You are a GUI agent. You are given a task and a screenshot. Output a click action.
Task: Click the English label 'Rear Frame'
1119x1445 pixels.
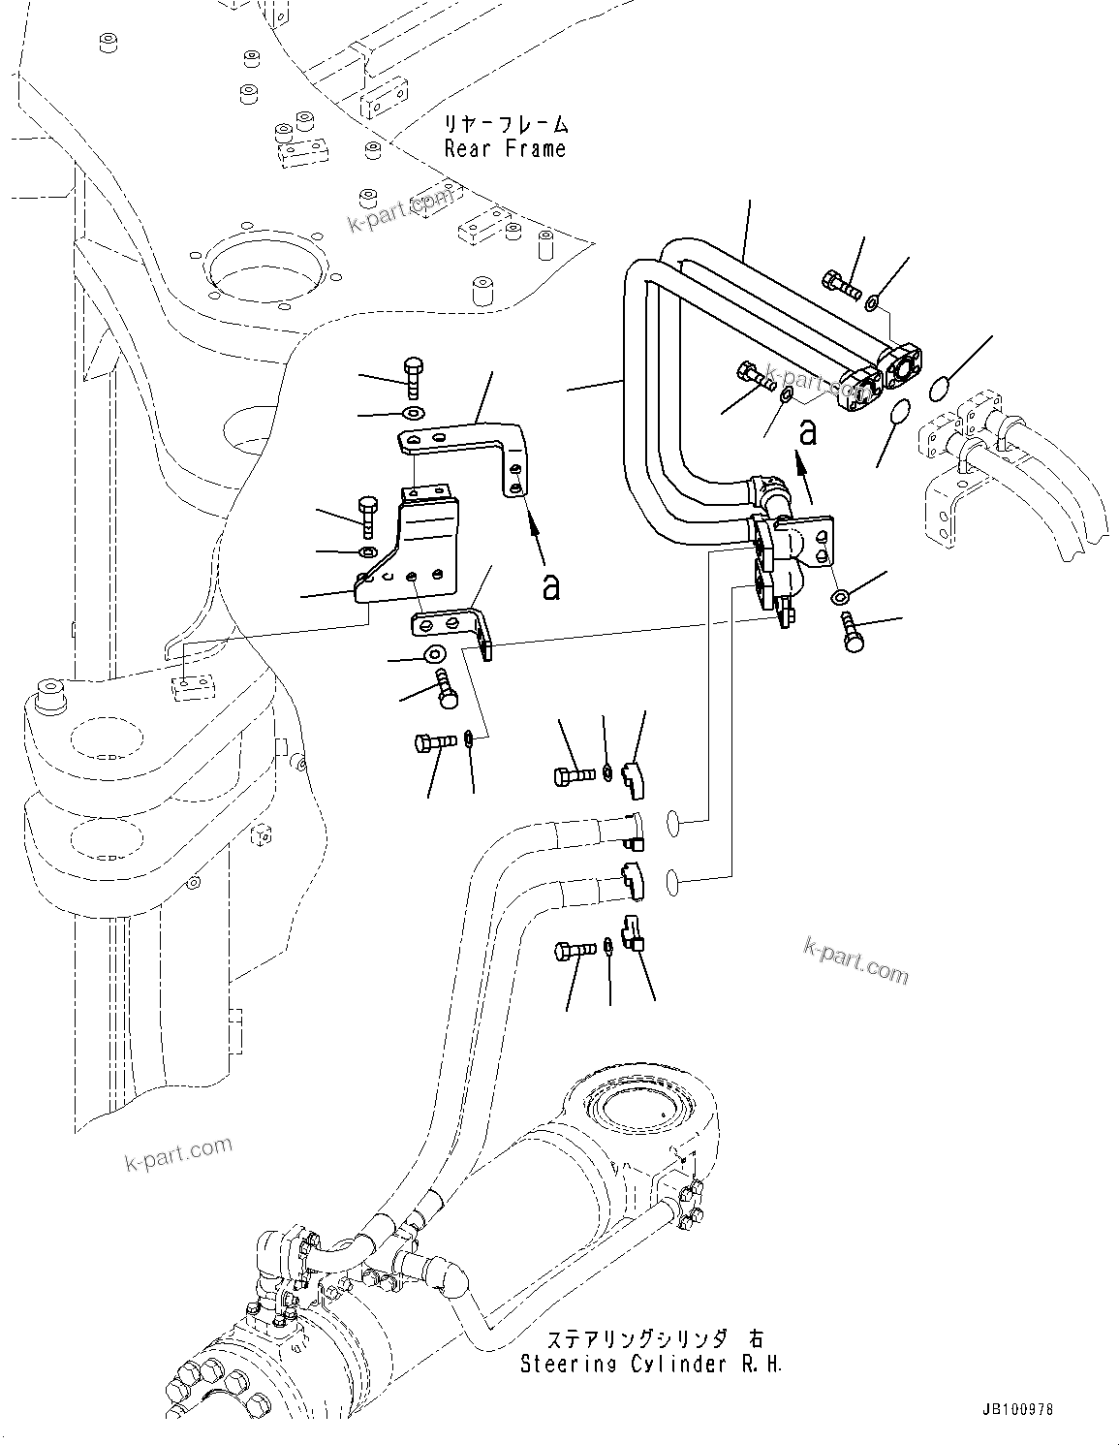tap(505, 149)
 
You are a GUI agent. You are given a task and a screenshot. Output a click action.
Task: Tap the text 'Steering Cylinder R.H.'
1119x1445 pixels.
tap(651, 1364)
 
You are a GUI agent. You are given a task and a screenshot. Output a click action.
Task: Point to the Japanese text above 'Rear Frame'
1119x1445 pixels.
tap(505, 125)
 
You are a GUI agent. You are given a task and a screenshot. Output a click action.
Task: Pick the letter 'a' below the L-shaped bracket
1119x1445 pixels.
tap(550, 586)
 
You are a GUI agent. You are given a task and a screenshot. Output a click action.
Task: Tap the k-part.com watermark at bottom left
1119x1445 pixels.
tap(178, 1151)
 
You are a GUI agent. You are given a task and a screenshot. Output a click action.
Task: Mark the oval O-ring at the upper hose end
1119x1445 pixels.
tap(676, 825)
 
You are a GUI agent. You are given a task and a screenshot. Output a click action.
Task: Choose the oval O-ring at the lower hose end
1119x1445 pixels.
tap(676, 882)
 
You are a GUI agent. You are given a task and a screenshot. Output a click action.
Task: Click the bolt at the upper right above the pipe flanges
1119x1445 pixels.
tap(840, 284)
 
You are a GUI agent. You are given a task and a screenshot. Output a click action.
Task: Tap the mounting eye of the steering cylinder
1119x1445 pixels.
tap(634, 1106)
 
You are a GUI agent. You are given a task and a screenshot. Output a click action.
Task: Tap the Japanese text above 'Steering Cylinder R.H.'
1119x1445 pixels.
tap(655, 1339)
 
